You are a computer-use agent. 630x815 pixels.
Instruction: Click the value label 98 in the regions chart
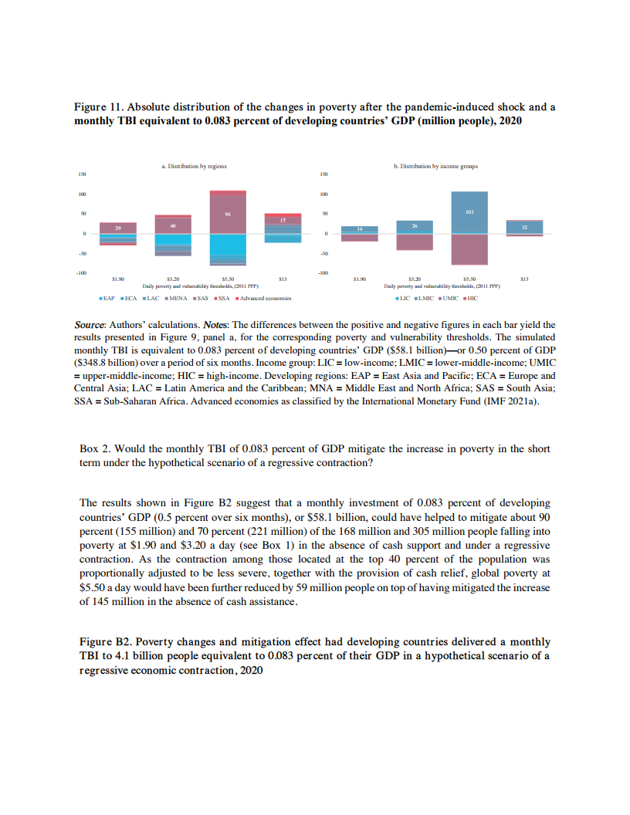pyautogui.click(x=228, y=212)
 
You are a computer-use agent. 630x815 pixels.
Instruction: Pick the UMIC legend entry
pyautogui.click(x=450, y=297)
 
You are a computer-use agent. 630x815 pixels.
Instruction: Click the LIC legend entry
pyautogui.click(x=403, y=297)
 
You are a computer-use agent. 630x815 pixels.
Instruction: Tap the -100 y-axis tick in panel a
pyautogui.click(x=81, y=272)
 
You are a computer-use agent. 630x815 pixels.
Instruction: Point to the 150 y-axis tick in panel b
pyautogui.click(x=324, y=175)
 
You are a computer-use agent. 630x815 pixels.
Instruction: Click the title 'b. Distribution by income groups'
pyautogui.click(x=435, y=166)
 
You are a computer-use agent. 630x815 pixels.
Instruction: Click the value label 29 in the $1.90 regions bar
pyautogui.click(x=118, y=228)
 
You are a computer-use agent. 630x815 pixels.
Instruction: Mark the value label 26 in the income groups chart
pyautogui.click(x=415, y=225)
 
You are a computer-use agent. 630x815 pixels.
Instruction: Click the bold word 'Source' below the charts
pyautogui.click(x=89, y=325)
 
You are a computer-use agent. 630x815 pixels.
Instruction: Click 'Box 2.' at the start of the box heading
pyautogui.click(x=94, y=448)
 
